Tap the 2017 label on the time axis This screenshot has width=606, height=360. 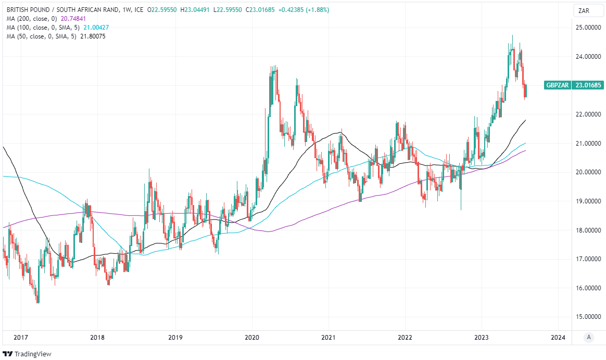[21, 337]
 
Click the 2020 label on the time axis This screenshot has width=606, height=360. [252, 337]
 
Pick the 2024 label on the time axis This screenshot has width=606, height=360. [558, 337]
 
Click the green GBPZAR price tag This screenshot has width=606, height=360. [557, 85]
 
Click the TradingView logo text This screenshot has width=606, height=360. [32, 354]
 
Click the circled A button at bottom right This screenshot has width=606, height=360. [588, 337]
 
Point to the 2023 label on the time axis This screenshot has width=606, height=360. [482, 337]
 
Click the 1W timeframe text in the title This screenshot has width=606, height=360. [121, 10]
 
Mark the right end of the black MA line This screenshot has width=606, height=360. [526, 120]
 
